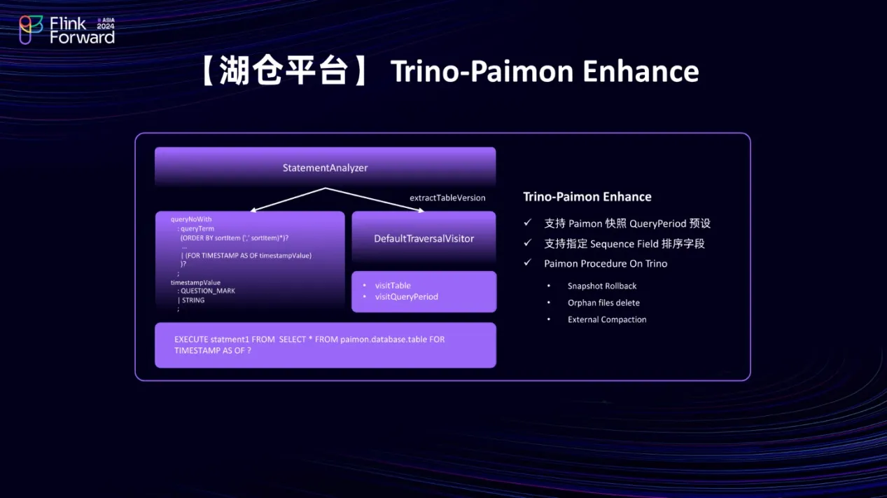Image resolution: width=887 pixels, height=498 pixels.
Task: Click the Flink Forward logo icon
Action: [x=31, y=29]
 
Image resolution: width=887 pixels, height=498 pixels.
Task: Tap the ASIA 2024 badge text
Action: [x=106, y=23]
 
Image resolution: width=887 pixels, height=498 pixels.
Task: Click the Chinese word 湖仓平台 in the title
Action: [x=284, y=71]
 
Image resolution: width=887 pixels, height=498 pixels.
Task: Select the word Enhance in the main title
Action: [x=641, y=71]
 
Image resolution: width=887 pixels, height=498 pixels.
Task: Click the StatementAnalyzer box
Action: [x=325, y=167]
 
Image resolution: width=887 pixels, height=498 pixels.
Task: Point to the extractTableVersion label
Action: [x=447, y=198]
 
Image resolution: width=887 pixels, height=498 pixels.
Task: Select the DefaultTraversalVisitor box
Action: [x=424, y=237]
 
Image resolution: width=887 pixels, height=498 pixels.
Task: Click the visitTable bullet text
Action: [x=393, y=285]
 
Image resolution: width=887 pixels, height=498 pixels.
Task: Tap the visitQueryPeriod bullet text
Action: [x=407, y=297]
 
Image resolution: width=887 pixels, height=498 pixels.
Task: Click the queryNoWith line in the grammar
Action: [x=191, y=219]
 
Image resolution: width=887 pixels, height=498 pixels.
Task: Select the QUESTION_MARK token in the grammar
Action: [x=208, y=291]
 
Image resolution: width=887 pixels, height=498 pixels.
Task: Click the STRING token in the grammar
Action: [x=193, y=300]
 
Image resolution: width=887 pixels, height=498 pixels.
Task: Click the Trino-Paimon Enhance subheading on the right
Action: [x=587, y=197]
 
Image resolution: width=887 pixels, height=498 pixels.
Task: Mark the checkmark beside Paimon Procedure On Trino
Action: [x=527, y=262]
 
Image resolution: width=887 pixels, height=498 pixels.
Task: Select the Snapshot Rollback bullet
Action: [x=602, y=286]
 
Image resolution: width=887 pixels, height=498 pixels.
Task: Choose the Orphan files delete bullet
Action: [x=603, y=303]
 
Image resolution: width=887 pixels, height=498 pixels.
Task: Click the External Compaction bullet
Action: [x=607, y=319]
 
